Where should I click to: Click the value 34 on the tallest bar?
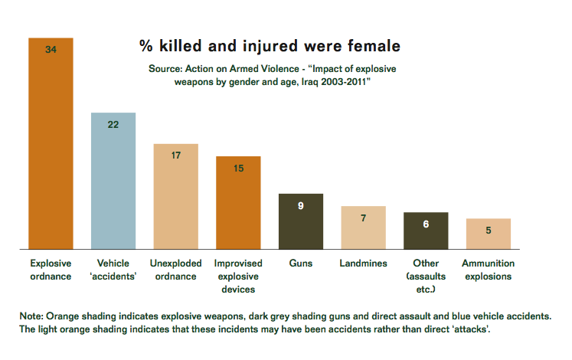pyautogui.click(x=51, y=50)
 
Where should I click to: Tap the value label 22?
pyautogui.click(x=113, y=125)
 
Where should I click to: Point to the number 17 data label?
pyautogui.click(x=176, y=155)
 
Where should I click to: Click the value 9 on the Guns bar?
pyautogui.click(x=301, y=205)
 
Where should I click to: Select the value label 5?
pyautogui.click(x=488, y=230)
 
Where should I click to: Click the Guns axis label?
pyautogui.click(x=301, y=263)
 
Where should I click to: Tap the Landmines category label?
pyautogui.click(x=363, y=263)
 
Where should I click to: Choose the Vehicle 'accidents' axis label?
pyautogui.click(x=113, y=270)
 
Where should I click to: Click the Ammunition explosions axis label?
pyautogui.click(x=488, y=270)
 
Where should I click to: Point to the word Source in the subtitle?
pyautogui.click(x=165, y=69)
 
